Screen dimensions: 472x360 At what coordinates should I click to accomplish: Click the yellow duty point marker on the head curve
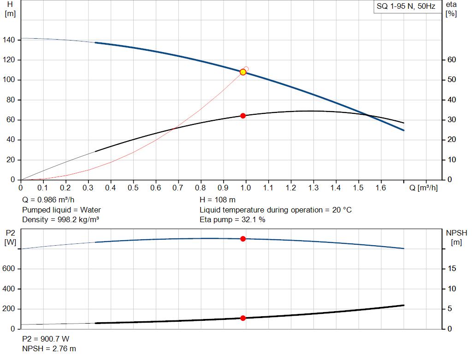pos(243,72)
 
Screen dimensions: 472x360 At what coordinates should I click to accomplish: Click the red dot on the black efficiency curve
pos(243,116)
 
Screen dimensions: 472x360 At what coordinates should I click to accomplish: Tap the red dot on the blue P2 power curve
pos(243,239)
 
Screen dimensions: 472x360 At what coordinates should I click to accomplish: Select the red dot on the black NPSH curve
pos(243,318)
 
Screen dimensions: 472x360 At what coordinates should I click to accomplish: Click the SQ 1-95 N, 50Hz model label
pos(406,6)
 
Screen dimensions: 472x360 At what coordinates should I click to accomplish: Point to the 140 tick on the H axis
pos(9,40)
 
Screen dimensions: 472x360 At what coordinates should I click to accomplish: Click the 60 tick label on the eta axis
pos(452,59)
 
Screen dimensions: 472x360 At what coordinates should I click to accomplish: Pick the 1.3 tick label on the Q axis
pos(313,188)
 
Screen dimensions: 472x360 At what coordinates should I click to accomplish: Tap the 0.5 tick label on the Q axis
pos(133,188)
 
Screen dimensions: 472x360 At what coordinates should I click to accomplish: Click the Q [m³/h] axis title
pos(423,188)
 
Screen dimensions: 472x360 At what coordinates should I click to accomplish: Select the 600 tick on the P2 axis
pos(8,268)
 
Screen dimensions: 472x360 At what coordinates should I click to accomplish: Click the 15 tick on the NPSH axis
pos(452,268)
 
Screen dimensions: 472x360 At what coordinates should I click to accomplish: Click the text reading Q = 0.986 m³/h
pos(48,200)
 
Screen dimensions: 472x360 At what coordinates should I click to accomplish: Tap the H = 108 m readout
pos(218,200)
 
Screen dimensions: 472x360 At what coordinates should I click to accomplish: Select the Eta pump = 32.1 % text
pos(232,220)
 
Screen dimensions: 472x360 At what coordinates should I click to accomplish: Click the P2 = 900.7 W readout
pos(46,339)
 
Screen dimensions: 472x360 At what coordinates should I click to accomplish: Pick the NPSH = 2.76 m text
pos(49,349)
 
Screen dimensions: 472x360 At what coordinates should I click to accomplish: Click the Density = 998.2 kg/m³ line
pos(60,220)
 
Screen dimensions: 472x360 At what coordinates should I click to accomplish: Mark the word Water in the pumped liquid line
pos(90,210)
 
